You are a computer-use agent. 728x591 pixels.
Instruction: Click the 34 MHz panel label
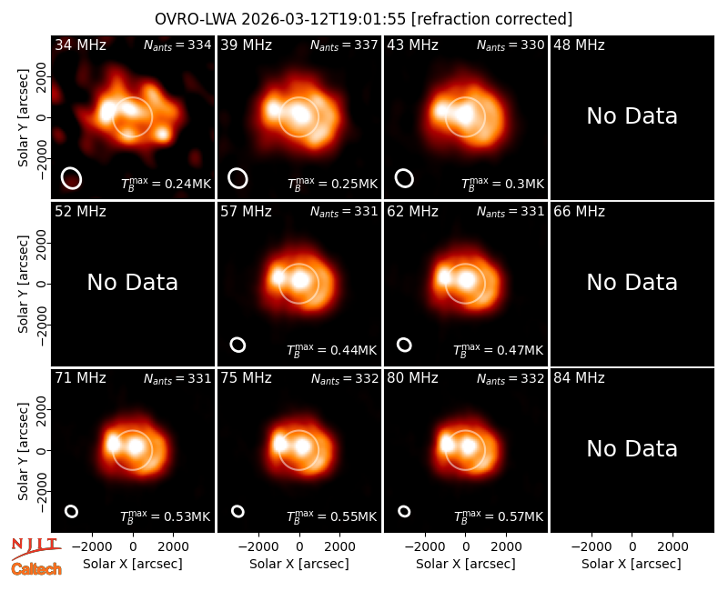click(x=80, y=45)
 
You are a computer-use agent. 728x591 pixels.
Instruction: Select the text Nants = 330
click(x=511, y=45)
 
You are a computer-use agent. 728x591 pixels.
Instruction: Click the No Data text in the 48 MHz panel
click(x=632, y=116)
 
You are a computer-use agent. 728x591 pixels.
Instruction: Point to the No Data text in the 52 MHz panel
click(x=132, y=282)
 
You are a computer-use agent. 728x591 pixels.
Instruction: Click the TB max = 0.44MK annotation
click(x=331, y=350)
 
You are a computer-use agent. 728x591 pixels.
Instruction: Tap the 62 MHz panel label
click(x=412, y=212)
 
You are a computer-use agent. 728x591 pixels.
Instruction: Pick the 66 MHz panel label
click(x=579, y=212)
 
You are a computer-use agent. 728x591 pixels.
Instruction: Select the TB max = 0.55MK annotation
click(x=331, y=516)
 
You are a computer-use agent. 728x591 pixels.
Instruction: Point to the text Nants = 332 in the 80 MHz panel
click(x=511, y=379)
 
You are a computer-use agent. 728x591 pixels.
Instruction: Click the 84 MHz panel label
click(x=579, y=378)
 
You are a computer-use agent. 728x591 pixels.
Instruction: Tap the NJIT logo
click(x=35, y=547)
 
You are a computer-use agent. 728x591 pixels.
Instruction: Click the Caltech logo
click(x=36, y=569)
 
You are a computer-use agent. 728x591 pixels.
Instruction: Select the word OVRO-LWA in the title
click(x=196, y=19)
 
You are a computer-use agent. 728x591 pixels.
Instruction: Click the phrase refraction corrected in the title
click(x=491, y=19)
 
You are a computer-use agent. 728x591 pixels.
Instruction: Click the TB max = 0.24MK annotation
click(x=166, y=184)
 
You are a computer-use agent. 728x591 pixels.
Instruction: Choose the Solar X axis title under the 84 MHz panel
click(x=632, y=564)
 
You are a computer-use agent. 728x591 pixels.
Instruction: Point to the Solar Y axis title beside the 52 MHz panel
click(x=24, y=284)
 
